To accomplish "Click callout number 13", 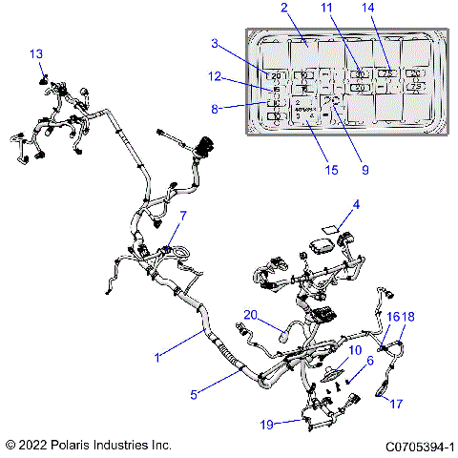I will pos(36,53).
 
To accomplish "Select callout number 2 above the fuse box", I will pos(283,8).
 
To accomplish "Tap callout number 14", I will pos(392,8).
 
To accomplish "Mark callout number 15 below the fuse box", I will pos(331,170).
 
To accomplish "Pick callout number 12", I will pos(215,76).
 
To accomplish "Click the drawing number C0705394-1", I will pos(419,446).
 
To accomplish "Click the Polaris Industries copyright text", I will pos(88,446).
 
